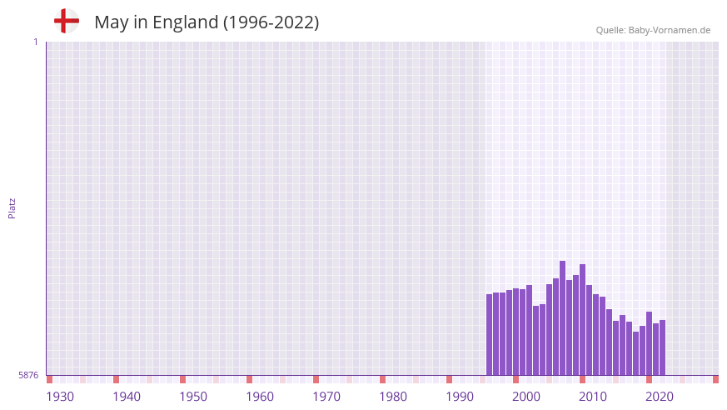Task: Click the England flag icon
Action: pyautogui.click(x=66, y=21)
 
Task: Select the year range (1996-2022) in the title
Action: pyautogui.click(x=271, y=22)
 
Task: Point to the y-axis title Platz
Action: pyautogui.click(x=12, y=208)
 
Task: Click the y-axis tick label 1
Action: pyautogui.click(x=35, y=42)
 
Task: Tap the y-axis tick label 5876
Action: pyautogui.click(x=28, y=375)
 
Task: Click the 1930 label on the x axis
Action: pyautogui.click(x=60, y=397)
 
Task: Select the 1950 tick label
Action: pyautogui.click(x=193, y=397)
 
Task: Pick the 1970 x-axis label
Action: pyautogui.click(x=326, y=397)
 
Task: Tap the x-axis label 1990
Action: pyautogui.click(x=460, y=397)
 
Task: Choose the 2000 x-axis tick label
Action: pyautogui.click(x=526, y=397)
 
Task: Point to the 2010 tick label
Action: pyautogui.click(x=593, y=397)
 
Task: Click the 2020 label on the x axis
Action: pyautogui.click(x=660, y=397)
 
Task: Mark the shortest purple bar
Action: pyautogui.click(x=635, y=353)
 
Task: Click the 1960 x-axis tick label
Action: pyautogui.click(x=260, y=397)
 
